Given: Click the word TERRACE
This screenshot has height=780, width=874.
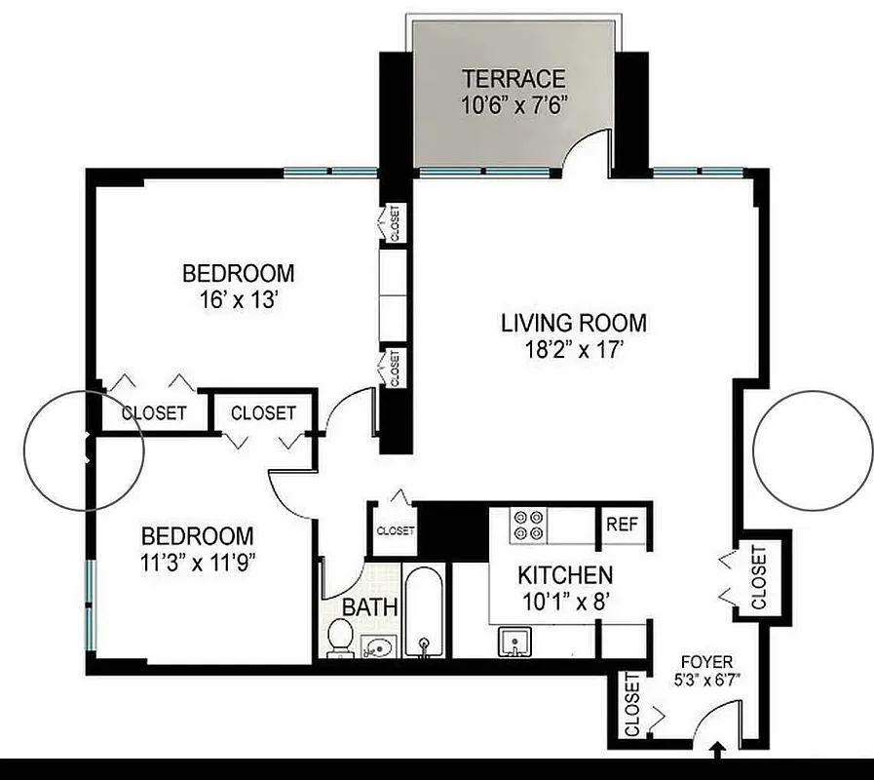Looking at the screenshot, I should (513, 79).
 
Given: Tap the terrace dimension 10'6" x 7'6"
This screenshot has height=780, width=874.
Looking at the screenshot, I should (513, 103).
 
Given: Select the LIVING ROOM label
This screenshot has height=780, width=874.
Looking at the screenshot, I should (574, 323).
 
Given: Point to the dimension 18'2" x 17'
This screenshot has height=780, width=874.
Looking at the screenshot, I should (574, 350).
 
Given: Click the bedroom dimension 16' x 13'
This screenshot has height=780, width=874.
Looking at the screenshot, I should (238, 299).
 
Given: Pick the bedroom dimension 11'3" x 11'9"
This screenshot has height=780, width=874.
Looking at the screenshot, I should (198, 562).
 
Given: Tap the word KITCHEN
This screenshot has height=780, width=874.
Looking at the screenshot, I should (565, 575).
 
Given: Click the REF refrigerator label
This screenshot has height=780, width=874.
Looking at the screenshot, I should (622, 525).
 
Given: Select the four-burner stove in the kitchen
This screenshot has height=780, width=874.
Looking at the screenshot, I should (532, 526).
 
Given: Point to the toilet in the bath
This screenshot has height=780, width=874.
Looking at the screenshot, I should (340, 638).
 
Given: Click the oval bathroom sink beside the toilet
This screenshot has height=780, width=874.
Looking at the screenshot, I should (379, 645).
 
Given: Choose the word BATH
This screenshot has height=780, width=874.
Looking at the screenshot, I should (369, 606).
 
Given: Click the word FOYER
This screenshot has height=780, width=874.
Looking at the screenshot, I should (707, 662).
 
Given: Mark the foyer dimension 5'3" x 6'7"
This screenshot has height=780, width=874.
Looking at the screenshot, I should (707, 680).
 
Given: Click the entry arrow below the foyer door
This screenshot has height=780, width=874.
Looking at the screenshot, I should (718, 752).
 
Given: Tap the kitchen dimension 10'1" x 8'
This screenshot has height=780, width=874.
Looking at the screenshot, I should (565, 602).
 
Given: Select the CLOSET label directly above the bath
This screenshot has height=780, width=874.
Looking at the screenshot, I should (395, 531).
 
